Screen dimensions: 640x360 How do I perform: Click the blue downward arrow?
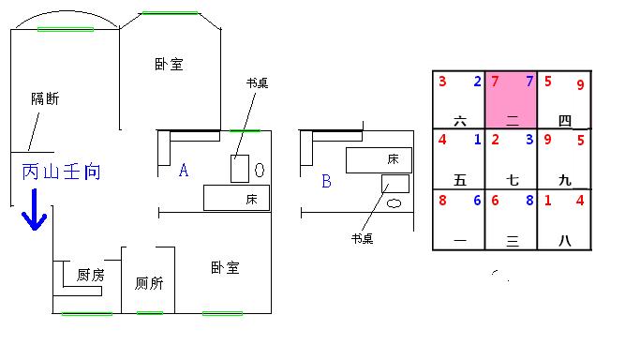(35, 210)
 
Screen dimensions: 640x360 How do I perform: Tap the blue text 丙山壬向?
(61, 172)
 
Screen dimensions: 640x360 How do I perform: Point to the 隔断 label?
(45, 98)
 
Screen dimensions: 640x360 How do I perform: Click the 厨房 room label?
(91, 275)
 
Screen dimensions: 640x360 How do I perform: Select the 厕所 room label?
(149, 283)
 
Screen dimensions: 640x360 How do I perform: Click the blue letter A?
(184, 170)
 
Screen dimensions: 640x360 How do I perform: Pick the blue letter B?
(326, 181)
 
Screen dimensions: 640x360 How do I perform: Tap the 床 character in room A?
(252, 199)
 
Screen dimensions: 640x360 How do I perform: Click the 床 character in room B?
(393, 159)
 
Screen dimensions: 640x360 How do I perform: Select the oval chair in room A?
(260, 170)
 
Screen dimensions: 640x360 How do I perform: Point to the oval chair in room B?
(394, 203)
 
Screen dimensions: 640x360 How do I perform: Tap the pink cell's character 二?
(513, 120)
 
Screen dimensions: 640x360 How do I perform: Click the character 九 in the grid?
(565, 180)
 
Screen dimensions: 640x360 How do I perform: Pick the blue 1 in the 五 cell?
(478, 140)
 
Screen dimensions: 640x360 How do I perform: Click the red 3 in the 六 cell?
(442, 82)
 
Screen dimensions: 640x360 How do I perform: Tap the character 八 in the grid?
(565, 240)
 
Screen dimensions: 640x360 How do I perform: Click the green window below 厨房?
(87, 313)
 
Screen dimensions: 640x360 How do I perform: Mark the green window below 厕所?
(150, 313)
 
